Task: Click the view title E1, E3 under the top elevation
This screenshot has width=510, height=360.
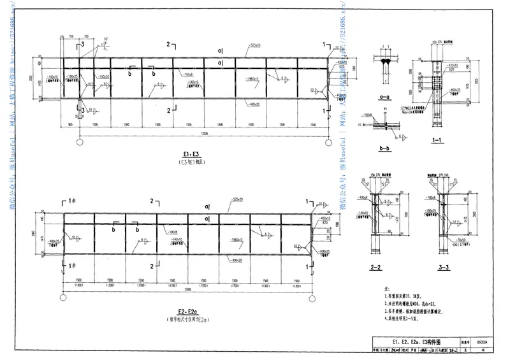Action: pos(191,154)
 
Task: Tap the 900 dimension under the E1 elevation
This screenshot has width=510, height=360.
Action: pos(69,124)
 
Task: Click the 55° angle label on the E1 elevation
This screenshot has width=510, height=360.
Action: pos(108,39)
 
